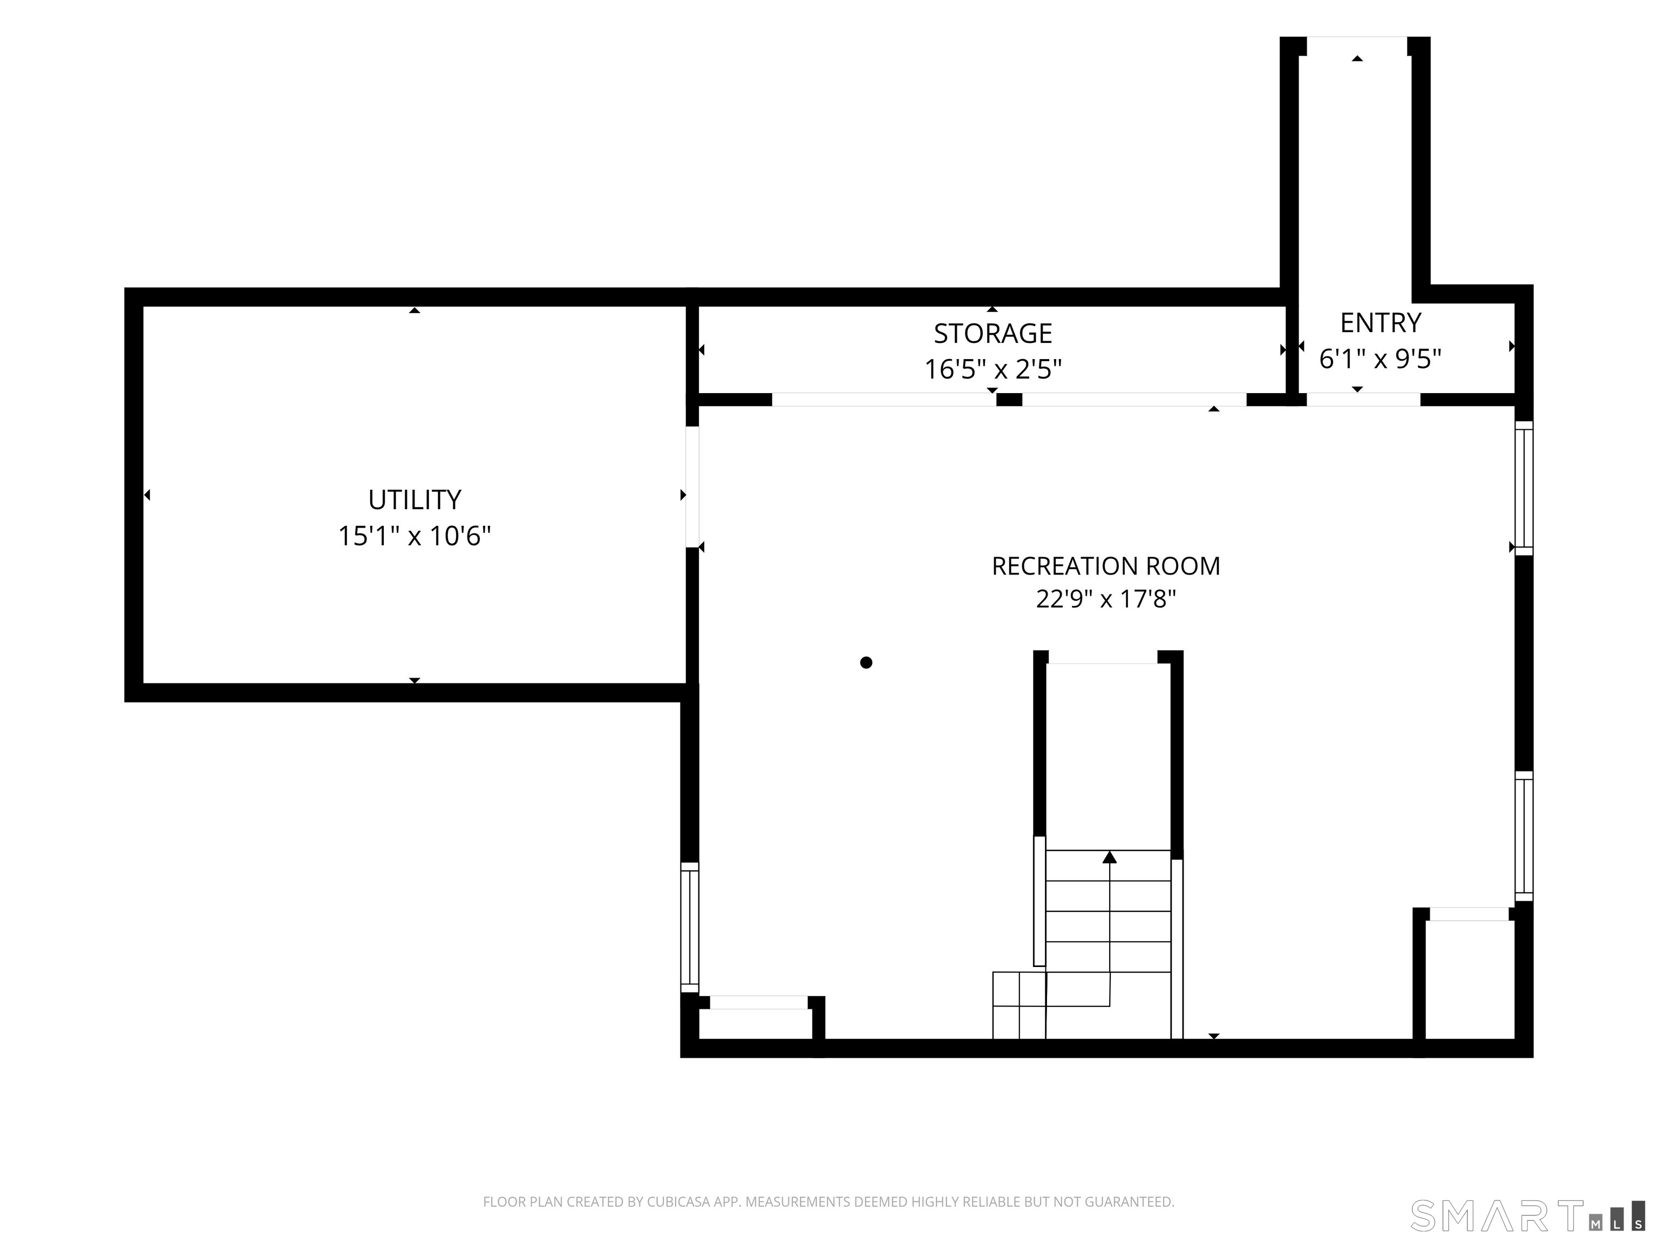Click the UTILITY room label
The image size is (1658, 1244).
[x=414, y=499]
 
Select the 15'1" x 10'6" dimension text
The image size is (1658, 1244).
[x=414, y=536]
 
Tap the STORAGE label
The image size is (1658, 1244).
[x=993, y=333]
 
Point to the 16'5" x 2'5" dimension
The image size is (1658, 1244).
[x=993, y=369]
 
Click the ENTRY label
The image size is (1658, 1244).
[x=1380, y=322]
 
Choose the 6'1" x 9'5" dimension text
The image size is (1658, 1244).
[x=1380, y=359]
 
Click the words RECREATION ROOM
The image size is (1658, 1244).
[x=1105, y=566]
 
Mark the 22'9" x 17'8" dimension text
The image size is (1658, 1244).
[x=1105, y=599]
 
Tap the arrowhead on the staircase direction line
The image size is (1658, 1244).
[x=1109, y=857]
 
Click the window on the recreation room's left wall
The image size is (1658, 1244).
[x=690, y=927]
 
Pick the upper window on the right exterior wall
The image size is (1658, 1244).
[x=1524, y=488]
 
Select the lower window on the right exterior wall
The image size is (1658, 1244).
[x=1524, y=836]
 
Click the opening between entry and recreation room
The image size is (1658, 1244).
[x=1363, y=400]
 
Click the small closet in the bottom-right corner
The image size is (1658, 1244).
[x=1470, y=979]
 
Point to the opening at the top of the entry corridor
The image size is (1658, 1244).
[x=1357, y=46]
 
